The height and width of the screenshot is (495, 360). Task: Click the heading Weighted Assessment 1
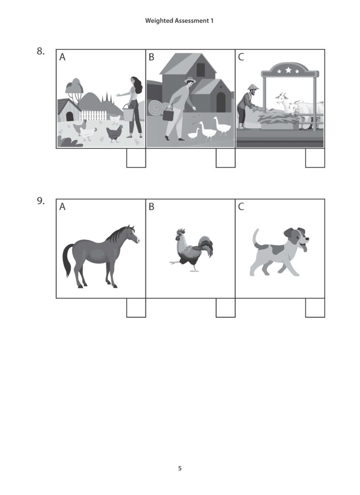tap(179, 21)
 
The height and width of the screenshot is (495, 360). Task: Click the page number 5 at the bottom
tap(180, 468)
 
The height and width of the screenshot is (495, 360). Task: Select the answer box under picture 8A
tap(136, 158)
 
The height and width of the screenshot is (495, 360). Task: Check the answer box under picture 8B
tap(225, 158)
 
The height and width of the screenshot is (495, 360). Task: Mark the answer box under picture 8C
tap(315, 158)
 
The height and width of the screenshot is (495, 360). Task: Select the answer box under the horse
tap(136, 308)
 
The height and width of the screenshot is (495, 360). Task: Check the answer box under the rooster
tap(225, 308)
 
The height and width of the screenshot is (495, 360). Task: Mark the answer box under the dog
tap(315, 308)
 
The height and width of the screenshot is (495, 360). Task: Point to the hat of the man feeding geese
tap(189, 80)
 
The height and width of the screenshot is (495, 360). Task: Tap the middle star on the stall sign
tap(288, 71)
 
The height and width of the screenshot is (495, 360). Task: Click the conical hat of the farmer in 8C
tap(250, 87)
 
